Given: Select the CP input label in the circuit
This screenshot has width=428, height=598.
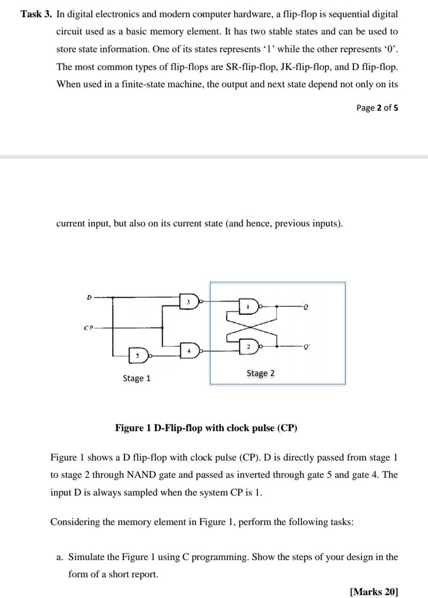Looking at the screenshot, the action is (88, 327).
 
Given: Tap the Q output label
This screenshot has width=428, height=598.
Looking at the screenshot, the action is (306, 307).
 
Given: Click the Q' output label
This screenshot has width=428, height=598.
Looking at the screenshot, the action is (307, 347).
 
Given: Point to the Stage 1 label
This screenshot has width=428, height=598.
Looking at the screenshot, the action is (136, 378).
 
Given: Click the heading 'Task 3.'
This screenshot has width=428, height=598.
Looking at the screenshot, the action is (36, 14).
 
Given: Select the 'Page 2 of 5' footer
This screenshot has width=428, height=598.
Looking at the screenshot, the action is (377, 108).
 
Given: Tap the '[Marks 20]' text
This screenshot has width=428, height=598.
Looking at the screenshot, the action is (374, 592).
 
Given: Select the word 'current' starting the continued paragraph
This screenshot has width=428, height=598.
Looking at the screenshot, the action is (71, 223).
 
